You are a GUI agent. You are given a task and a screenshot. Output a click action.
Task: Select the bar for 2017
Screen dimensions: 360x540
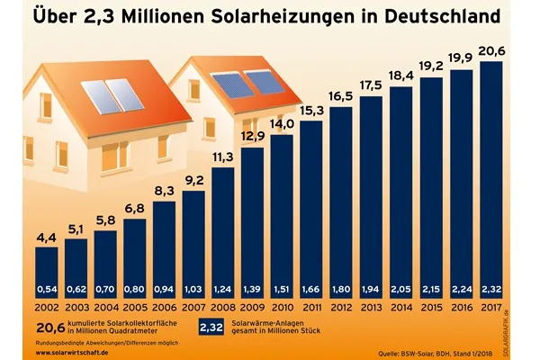click(x=490, y=180)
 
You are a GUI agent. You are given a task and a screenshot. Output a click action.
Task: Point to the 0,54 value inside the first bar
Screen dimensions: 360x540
click(x=49, y=288)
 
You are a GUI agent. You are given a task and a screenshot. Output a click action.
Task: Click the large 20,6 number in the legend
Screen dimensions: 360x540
click(x=50, y=328)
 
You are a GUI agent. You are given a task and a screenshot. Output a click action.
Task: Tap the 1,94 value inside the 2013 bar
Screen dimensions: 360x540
click(x=371, y=288)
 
